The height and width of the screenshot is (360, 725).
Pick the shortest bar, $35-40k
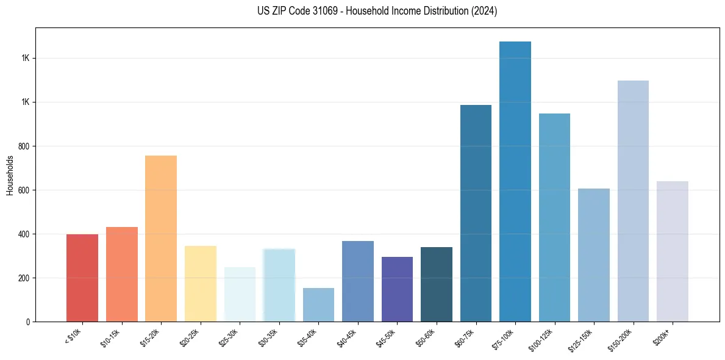[318, 304]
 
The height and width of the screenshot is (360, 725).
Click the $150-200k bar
[633, 201]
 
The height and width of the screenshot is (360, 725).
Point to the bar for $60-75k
[476, 213]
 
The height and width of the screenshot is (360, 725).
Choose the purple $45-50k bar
[397, 289]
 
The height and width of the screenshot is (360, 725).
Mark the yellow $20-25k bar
[201, 284]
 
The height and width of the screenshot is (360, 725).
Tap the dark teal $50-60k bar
[437, 284]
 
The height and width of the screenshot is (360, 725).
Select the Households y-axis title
[10, 175]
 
